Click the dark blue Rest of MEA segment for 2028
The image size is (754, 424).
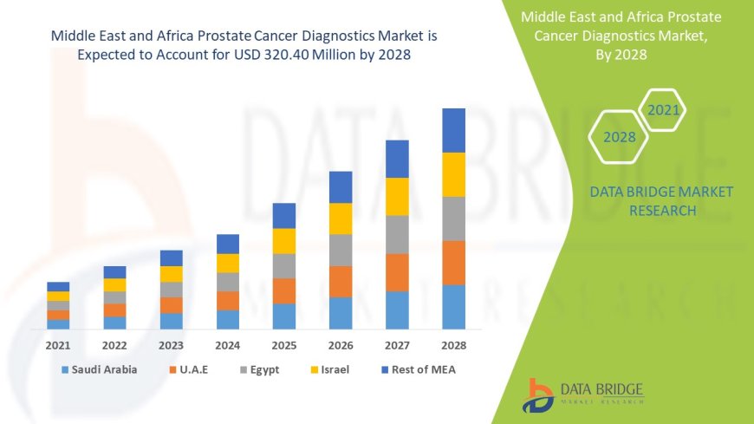click(453, 130)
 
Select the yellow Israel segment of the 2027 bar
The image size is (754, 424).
click(397, 196)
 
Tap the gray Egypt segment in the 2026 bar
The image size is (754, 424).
click(341, 250)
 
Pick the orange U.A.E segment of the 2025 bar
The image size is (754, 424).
click(284, 290)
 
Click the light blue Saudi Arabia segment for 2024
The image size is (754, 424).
click(228, 319)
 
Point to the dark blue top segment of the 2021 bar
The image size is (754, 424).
click(58, 286)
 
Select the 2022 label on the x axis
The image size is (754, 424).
click(114, 345)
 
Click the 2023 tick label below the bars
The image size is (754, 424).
click(171, 345)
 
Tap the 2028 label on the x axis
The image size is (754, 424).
click(453, 345)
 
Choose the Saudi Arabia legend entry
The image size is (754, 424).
click(100, 369)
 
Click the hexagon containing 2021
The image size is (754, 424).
click(663, 110)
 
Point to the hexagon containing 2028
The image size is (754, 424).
click(620, 137)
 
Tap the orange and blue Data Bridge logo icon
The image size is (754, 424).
click(538, 395)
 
